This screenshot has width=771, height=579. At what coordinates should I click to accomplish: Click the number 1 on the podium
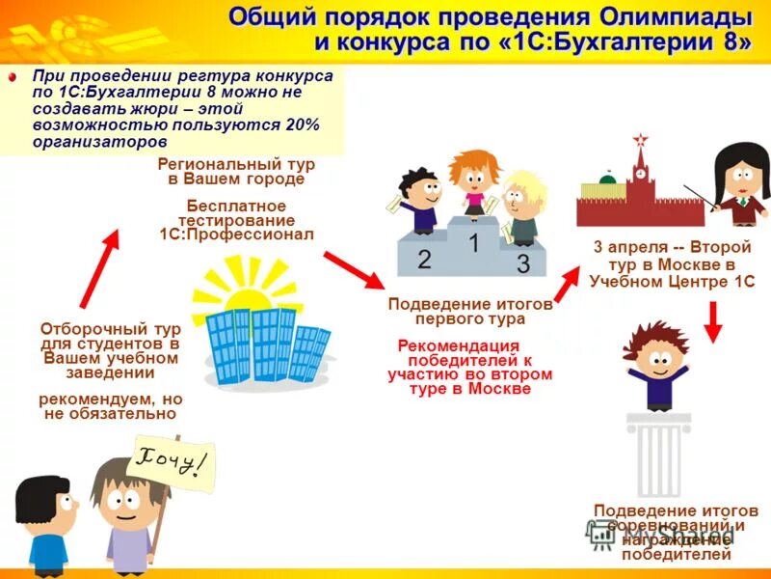pos(473,241)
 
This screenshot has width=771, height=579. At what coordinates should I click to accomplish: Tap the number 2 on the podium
pos(424,259)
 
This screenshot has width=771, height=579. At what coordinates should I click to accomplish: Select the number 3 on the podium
pos(522,262)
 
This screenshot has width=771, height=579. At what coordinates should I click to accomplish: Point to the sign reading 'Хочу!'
pos(171,463)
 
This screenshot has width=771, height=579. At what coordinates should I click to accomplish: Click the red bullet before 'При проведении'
pos(13,77)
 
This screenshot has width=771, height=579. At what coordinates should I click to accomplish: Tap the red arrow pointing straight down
pos(713,321)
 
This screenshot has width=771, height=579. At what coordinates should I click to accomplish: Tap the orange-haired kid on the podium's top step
pos(471,179)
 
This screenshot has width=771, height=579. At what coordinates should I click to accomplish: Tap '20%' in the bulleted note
pos(301,124)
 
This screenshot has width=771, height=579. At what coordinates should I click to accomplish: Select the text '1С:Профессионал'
pos(236,234)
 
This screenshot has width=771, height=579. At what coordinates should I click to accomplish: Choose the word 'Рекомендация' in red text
pos(458,345)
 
